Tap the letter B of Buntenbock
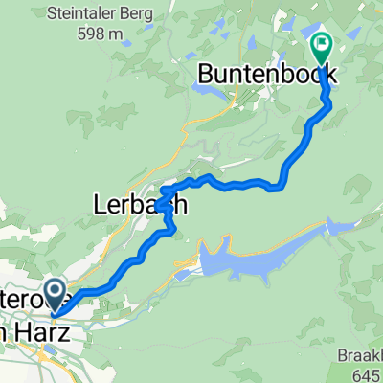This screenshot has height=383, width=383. (x=207, y=74)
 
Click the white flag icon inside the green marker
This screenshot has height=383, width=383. (x=320, y=41)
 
